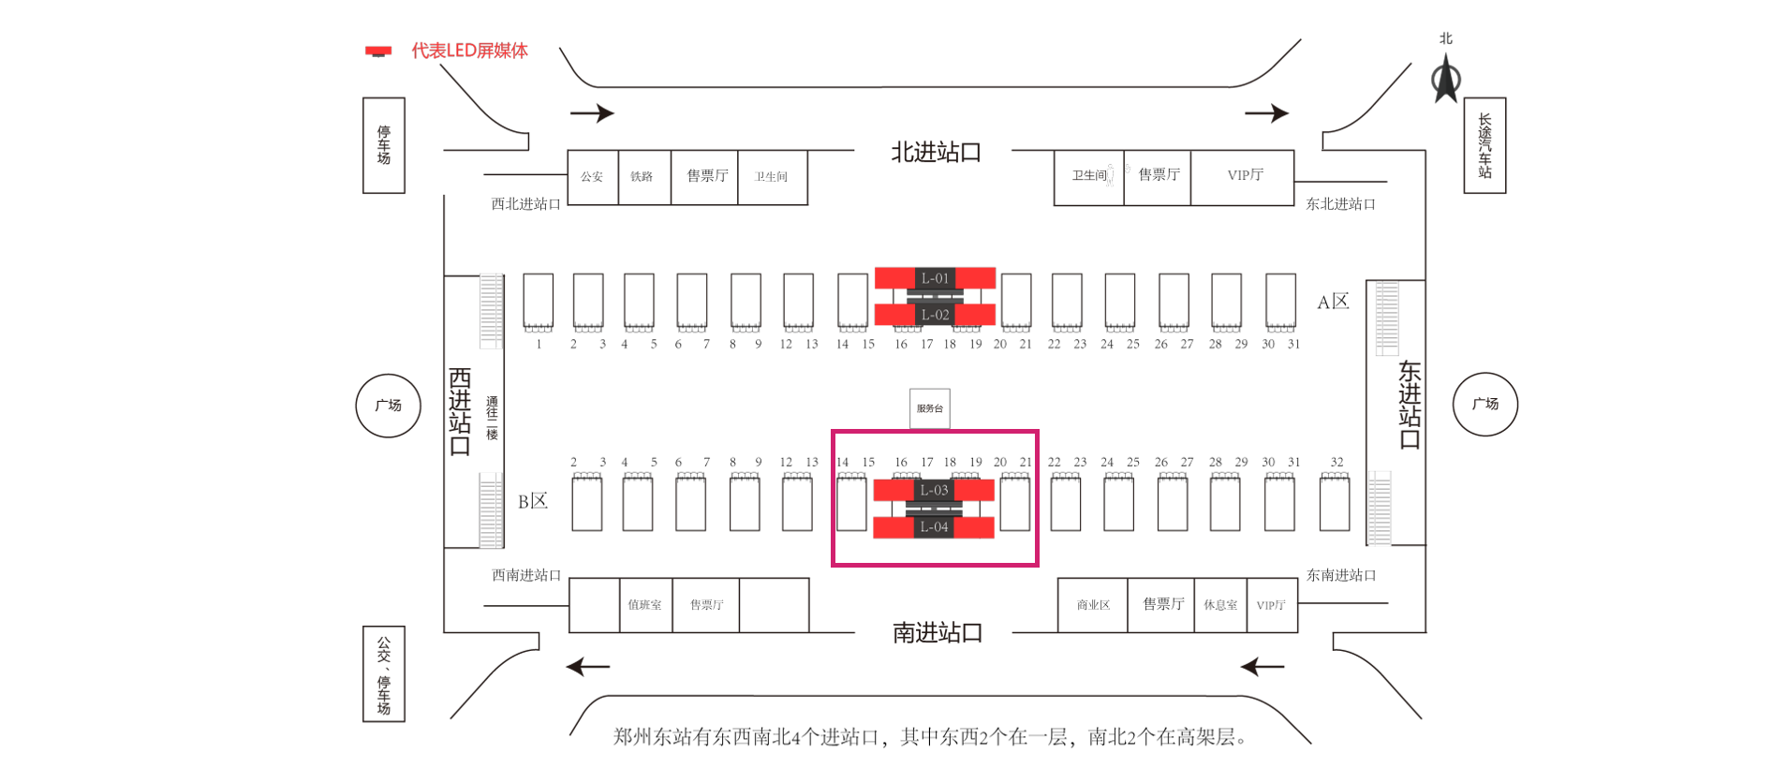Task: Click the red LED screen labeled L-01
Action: tap(935, 278)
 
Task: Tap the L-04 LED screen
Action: tap(934, 527)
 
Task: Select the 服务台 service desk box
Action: tap(930, 408)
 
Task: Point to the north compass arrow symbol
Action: tap(1446, 78)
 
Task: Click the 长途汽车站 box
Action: tap(1484, 145)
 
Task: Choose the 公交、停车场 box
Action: tap(384, 673)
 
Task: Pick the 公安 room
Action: tap(592, 176)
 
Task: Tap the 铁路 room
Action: tap(642, 176)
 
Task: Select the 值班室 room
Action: tap(644, 605)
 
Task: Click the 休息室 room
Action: tap(1220, 605)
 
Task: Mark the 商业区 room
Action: tap(1093, 605)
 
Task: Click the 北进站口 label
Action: tap(936, 153)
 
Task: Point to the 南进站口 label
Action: tap(937, 633)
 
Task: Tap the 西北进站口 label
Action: tap(525, 204)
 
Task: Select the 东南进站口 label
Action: tap(1341, 575)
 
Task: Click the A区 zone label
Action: tap(1333, 302)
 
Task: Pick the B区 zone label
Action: tap(533, 501)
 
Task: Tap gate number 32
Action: tap(1337, 462)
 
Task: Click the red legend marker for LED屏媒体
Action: tap(378, 51)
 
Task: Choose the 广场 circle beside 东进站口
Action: tap(1484, 405)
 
